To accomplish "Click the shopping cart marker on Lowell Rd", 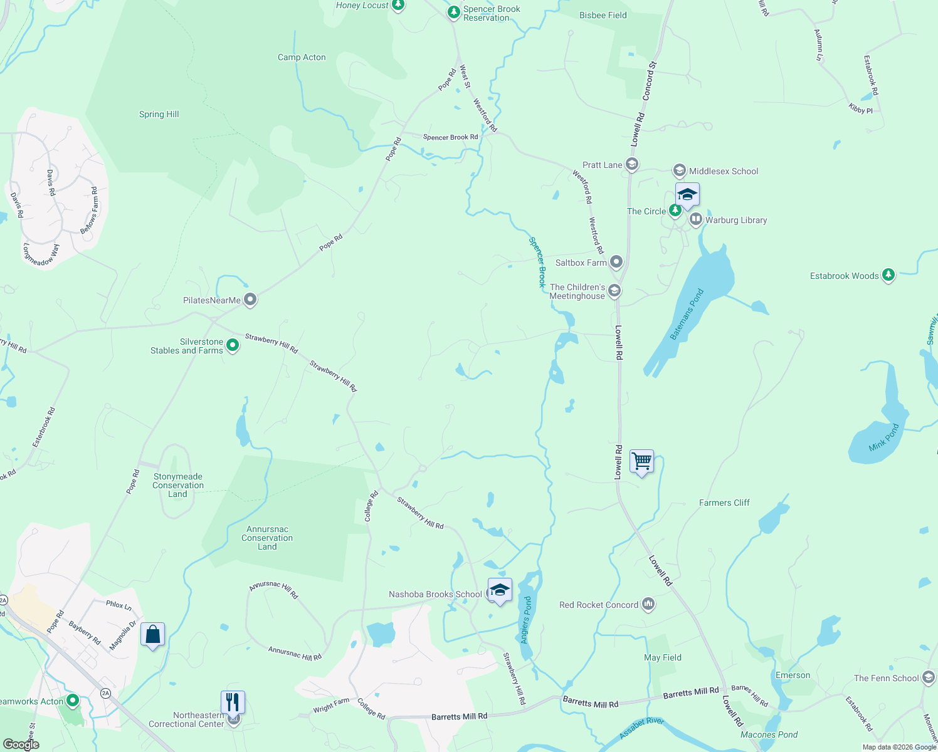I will tap(641, 462).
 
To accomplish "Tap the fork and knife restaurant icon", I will tap(233, 702).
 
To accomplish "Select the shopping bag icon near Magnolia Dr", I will tap(152, 635).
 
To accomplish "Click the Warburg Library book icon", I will tap(695, 219).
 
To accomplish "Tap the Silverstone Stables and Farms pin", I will tap(233, 345).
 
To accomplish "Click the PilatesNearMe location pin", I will tap(250, 300).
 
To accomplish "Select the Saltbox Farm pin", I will tap(616, 262).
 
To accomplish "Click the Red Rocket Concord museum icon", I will tap(648, 604).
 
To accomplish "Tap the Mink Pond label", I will tap(884, 436).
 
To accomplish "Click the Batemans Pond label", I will tap(687, 314).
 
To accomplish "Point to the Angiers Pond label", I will tap(527, 620).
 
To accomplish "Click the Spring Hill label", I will tap(159, 114).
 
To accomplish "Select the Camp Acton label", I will tap(302, 57).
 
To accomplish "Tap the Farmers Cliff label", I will tap(724, 503).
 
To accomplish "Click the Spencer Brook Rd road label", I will tap(450, 137).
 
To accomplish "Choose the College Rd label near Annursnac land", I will tap(371, 506).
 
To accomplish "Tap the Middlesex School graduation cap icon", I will tap(679, 170).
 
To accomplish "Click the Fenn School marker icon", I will tap(929, 677).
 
